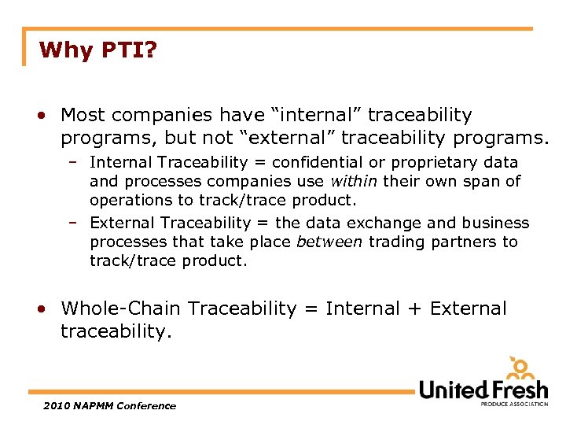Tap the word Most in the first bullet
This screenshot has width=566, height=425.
tap(83, 115)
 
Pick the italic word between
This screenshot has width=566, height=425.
tap(329, 242)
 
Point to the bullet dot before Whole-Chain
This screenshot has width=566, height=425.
tap(40, 309)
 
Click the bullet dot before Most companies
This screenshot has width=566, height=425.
tap(40, 116)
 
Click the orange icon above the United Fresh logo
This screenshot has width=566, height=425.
tap(520, 368)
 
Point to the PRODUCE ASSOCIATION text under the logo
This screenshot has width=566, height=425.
tap(514, 404)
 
